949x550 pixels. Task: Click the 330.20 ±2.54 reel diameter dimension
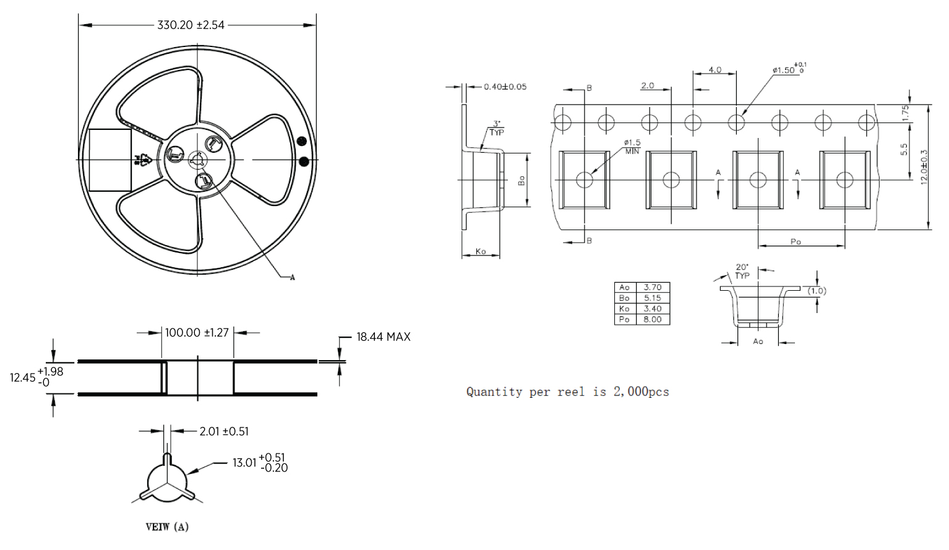click(x=191, y=25)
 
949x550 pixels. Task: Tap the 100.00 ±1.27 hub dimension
click(x=197, y=333)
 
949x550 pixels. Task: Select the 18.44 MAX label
click(x=383, y=337)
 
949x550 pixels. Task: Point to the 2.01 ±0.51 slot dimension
click(x=224, y=431)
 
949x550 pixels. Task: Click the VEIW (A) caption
click(x=167, y=527)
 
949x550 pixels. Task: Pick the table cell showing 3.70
click(x=652, y=288)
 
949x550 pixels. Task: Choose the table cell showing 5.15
click(x=652, y=298)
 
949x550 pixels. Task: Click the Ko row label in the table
click(x=624, y=309)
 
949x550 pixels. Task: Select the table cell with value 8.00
click(x=652, y=319)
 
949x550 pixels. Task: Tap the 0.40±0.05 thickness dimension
click(x=505, y=87)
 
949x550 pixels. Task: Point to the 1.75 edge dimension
click(x=905, y=113)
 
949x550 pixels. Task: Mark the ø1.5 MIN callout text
click(x=632, y=147)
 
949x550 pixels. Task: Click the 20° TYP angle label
click(x=742, y=272)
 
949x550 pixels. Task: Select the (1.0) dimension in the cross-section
click(x=817, y=291)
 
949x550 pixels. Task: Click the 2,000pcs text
click(x=641, y=392)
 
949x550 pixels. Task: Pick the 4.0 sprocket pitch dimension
click(x=715, y=70)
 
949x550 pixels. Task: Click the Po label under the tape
click(x=796, y=242)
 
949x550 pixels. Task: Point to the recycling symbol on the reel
click(x=144, y=160)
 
